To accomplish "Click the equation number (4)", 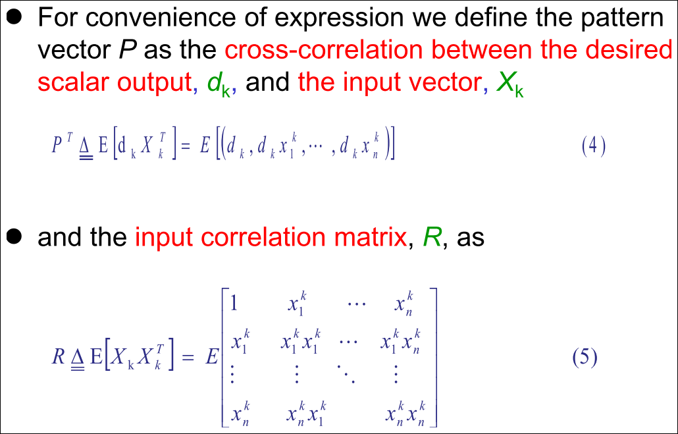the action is pos(594,147).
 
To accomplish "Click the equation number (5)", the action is pos(585,358).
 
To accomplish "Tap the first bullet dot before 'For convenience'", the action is pos(14,18).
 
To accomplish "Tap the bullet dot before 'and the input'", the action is pos(14,236).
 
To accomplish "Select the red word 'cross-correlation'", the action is pos(324,50).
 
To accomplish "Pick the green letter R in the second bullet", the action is pos(432,237).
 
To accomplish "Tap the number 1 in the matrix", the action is pos(234,304).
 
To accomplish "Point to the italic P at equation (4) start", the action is pos(57,146).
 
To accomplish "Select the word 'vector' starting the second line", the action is pos(75,50).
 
